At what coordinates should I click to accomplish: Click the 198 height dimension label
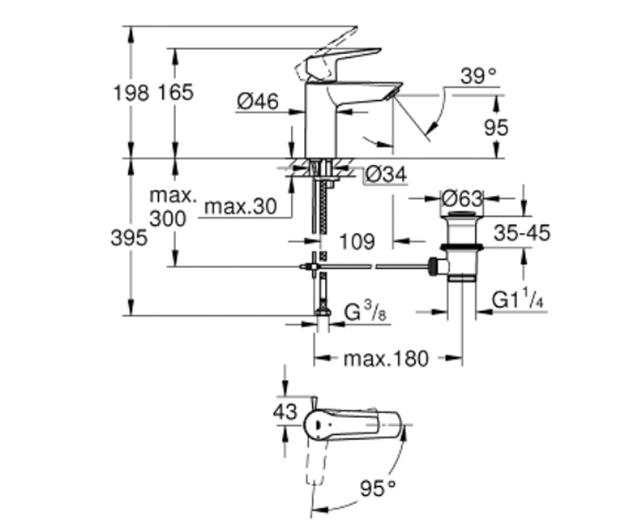[131, 93]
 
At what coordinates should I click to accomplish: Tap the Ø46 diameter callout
[258, 101]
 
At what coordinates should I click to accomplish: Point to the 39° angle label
[479, 76]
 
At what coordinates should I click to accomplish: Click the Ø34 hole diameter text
[386, 174]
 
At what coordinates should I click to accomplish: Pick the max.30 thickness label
[241, 207]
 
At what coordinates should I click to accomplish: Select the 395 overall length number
[129, 237]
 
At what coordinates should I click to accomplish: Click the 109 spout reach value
[357, 242]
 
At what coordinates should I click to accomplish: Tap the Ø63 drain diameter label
[462, 199]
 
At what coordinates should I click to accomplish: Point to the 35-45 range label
[522, 233]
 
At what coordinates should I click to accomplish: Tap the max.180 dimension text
[386, 358]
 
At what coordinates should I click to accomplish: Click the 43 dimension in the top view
[285, 412]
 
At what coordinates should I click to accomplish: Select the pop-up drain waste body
[462, 247]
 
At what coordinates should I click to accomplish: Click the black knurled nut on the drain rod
[432, 267]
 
